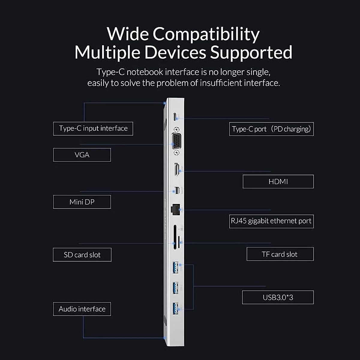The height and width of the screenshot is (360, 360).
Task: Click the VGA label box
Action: [x=82, y=155]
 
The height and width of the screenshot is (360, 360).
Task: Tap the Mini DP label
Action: [x=82, y=202]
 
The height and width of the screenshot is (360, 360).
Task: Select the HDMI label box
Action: [x=278, y=181]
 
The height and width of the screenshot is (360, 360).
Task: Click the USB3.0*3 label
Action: [x=278, y=297]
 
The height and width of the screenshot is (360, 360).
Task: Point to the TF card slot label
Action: [x=280, y=254]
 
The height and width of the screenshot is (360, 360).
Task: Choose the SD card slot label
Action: [x=82, y=255]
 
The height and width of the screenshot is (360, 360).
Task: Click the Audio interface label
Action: [x=82, y=309]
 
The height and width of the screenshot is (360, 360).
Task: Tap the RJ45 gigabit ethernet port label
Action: [x=271, y=221]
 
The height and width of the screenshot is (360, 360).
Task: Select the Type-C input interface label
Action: [x=93, y=128]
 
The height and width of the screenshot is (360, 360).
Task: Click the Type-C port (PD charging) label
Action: [x=271, y=129]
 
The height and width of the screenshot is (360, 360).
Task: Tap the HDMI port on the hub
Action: [x=176, y=170]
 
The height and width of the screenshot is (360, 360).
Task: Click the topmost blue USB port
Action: [x=175, y=268]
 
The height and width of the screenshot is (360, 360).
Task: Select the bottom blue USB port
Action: [x=175, y=308]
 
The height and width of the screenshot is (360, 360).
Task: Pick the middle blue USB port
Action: [x=175, y=288]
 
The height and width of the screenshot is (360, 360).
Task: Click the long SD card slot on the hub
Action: [x=175, y=237]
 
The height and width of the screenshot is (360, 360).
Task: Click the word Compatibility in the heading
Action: [x=206, y=34]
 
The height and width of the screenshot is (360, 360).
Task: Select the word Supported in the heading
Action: [x=251, y=52]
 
